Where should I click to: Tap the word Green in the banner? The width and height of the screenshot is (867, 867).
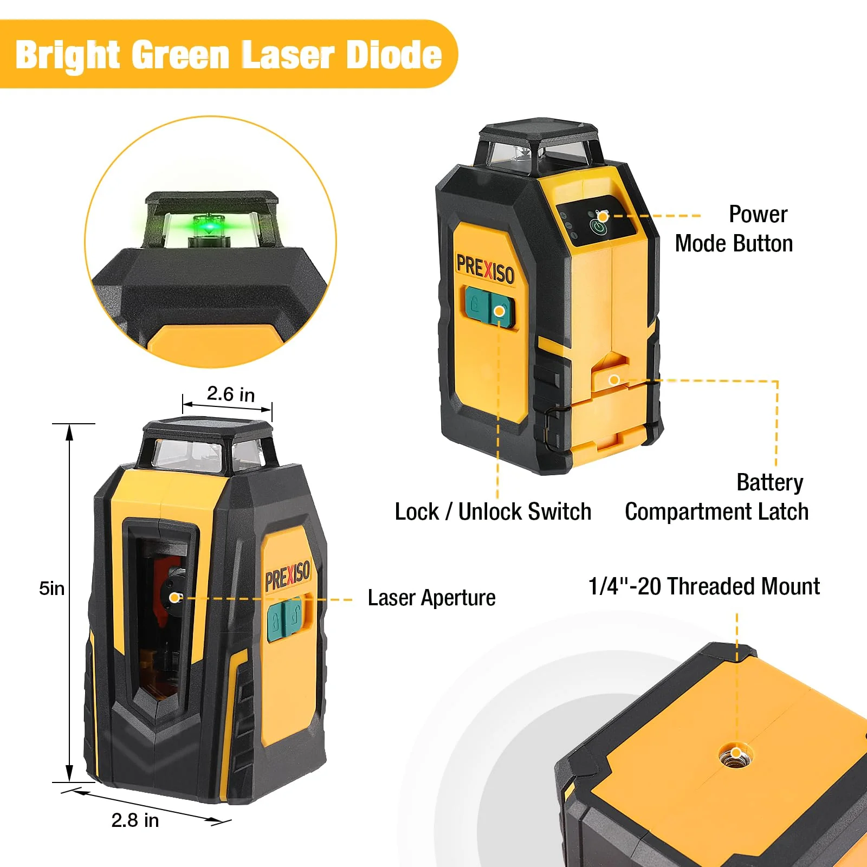(x=181, y=56)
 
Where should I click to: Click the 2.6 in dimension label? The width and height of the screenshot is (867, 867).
(x=230, y=394)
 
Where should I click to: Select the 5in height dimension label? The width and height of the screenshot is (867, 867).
(x=51, y=588)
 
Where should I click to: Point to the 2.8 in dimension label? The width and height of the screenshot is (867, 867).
(x=135, y=820)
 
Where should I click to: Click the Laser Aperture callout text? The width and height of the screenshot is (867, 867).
(x=431, y=598)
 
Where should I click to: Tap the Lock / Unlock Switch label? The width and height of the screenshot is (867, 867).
(x=493, y=512)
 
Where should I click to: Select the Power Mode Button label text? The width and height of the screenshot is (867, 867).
(x=734, y=229)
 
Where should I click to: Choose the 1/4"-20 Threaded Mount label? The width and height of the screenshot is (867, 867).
(x=703, y=586)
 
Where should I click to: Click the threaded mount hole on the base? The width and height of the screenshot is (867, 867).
(x=736, y=754)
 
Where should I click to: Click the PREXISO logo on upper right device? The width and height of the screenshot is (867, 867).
(x=485, y=269)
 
